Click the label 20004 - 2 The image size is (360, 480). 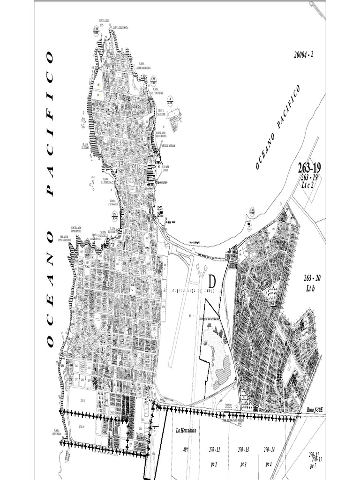tap(303, 54)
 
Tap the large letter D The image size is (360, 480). tap(212, 282)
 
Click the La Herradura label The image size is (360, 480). tap(185, 430)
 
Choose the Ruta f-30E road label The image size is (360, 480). tap(315, 410)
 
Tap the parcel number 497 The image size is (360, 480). tap(186, 449)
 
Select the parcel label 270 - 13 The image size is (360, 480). tap(243, 449)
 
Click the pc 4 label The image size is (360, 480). tap(269, 464)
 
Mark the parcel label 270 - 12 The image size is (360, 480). tap(215, 449)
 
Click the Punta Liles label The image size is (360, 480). tap(104, 21)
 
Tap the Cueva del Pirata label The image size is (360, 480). tap(120, 28)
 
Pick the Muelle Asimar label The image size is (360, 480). tap(168, 146)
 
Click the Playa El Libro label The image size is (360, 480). tap(85, 145)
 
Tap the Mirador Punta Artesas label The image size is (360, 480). tap(65, 238)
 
